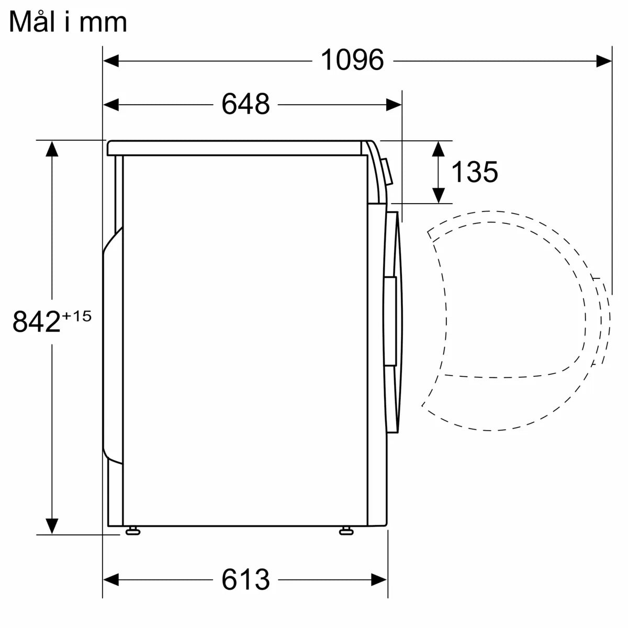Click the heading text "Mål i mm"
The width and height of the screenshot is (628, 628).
[x=68, y=23]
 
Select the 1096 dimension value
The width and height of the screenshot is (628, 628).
[x=352, y=60]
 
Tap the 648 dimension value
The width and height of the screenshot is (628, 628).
[x=245, y=104]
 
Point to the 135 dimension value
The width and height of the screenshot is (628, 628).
[x=474, y=172]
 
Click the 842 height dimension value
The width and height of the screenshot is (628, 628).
[x=36, y=321]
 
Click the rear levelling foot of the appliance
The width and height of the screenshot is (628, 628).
[x=132, y=531]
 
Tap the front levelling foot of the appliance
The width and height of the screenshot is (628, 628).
[x=346, y=531]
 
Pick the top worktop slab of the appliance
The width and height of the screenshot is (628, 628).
[x=235, y=148]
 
